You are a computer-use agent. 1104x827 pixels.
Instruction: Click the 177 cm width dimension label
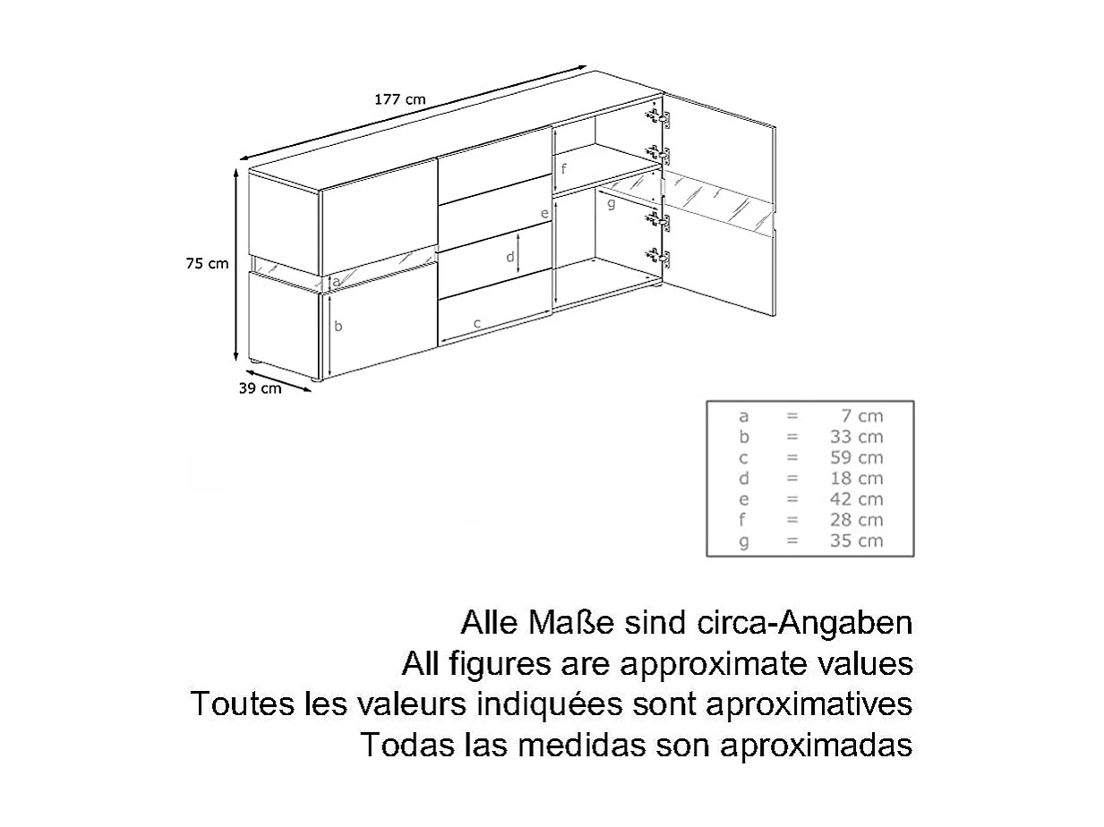(399, 99)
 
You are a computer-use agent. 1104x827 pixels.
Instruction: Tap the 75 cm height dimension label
(207, 263)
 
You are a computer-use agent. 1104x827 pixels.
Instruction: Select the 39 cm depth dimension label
(260, 388)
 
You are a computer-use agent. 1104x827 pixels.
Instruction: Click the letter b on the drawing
(338, 327)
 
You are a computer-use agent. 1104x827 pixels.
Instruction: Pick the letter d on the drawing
(509, 257)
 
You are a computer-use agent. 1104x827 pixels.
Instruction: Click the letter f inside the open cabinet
(564, 168)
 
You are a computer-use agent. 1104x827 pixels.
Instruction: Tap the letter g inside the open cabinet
(611, 204)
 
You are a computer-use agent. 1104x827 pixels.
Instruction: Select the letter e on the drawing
(543, 213)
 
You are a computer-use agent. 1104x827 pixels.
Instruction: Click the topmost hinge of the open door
(658, 116)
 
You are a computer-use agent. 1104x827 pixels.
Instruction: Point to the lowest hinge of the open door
(659, 257)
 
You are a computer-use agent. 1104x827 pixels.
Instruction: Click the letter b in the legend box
(743, 437)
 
